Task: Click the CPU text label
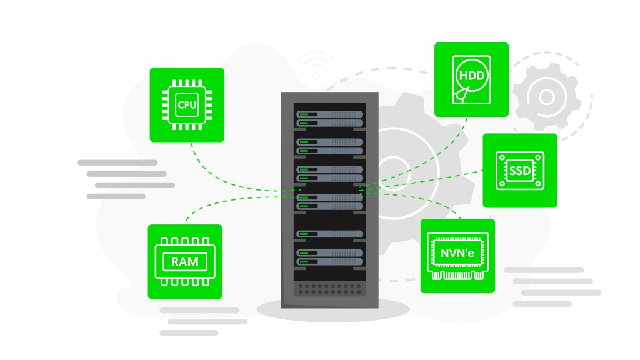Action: [186, 104]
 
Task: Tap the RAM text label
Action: [184, 262]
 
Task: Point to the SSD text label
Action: [519, 171]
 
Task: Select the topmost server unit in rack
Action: [329, 117]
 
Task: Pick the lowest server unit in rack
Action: [329, 257]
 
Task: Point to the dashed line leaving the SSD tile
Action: [437, 177]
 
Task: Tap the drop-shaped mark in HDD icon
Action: [461, 94]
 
